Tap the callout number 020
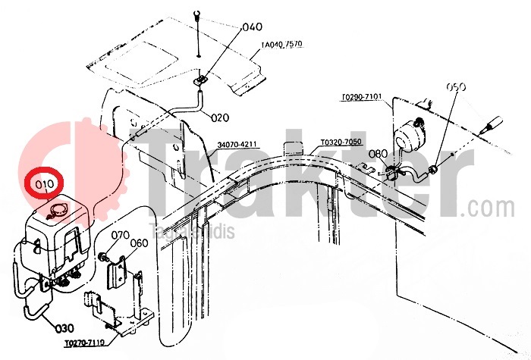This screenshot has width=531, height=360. tap(220, 117)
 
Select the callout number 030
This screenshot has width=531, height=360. tap(64, 328)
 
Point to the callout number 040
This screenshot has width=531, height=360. tap(252, 28)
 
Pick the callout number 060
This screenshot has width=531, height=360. tap(139, 243)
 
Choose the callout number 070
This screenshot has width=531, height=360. tap(121, 235)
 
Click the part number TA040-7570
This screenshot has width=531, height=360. tap(282, 45)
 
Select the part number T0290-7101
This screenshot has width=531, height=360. tap(362, 98)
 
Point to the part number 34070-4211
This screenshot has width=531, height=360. tap(238, 145)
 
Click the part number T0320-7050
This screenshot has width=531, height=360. tap(341, 142)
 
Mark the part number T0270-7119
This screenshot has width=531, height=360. tap(84, 343)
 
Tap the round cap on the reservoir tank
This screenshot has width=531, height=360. tap(58, 210)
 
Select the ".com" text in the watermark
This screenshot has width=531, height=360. tap(491, 207)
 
